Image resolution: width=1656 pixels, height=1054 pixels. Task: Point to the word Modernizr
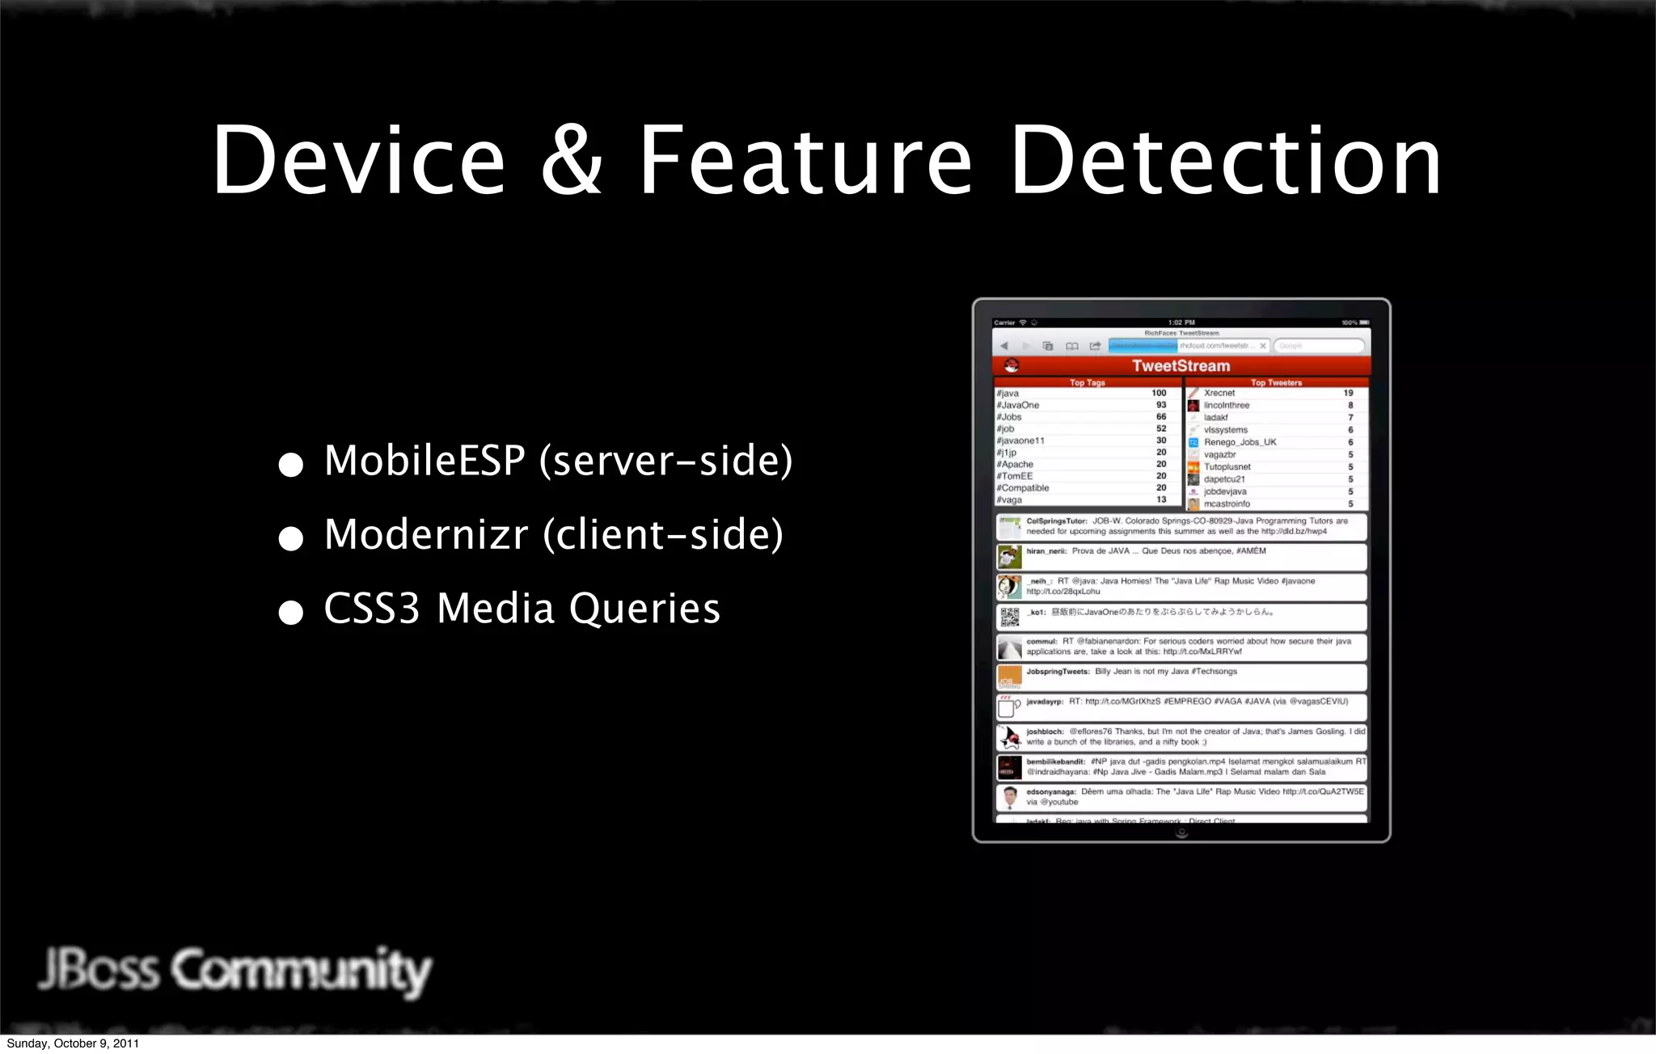point(426,534)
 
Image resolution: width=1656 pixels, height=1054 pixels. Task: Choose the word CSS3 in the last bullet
point(372,609)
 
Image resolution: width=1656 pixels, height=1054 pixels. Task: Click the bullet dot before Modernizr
point(290,538)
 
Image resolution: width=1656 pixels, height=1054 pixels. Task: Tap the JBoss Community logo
point(234,970)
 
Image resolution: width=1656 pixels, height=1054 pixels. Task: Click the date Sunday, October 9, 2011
point(73,1043)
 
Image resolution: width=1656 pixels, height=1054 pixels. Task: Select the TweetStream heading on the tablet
point(1181,366)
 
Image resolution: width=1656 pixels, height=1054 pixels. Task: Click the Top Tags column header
point(1087,383)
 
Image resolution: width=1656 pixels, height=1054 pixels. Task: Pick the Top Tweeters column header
point(1276,383)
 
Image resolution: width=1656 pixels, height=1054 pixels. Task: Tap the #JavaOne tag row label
point(1018,405)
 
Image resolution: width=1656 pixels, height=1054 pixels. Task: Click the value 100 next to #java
point(1159,393)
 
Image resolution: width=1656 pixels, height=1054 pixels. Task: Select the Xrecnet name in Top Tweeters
point(1219,393)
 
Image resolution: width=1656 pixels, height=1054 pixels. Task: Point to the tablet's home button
point(1181,833)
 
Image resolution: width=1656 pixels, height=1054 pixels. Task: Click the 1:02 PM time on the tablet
point(1181,323)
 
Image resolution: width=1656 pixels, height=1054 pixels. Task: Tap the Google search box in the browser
point(1318,346)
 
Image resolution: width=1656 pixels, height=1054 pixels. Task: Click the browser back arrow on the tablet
point(1004,346)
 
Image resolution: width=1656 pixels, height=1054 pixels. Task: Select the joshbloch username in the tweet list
point(1045,731)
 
